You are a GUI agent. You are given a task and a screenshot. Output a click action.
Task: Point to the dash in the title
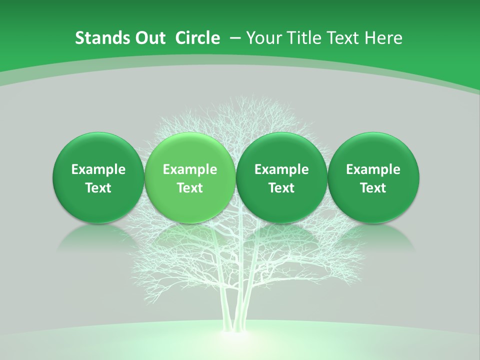[235, 38]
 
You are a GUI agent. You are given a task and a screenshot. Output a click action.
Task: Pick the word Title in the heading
[300, 38]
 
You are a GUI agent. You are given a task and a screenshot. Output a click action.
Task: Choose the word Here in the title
[384, 38]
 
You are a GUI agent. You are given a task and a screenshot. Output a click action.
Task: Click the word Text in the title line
[341, 38]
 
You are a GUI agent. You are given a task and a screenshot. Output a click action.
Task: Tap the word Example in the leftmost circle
[98, 169]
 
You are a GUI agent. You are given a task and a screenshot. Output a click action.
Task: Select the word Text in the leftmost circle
[98, 188]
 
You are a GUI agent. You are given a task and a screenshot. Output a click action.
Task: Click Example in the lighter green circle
[190, 169]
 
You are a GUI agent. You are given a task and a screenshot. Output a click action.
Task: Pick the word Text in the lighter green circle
[190, 188]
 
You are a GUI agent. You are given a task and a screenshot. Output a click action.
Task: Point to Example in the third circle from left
[281, 169]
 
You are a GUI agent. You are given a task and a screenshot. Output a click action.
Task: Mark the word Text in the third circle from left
[281, 188]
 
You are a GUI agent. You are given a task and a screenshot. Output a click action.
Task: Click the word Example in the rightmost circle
[373, 169]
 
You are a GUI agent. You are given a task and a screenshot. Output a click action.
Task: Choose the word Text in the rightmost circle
[373, 188]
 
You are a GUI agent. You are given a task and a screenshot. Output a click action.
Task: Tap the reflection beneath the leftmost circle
[98, 237]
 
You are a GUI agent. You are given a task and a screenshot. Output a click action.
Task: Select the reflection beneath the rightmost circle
[373, 237]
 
